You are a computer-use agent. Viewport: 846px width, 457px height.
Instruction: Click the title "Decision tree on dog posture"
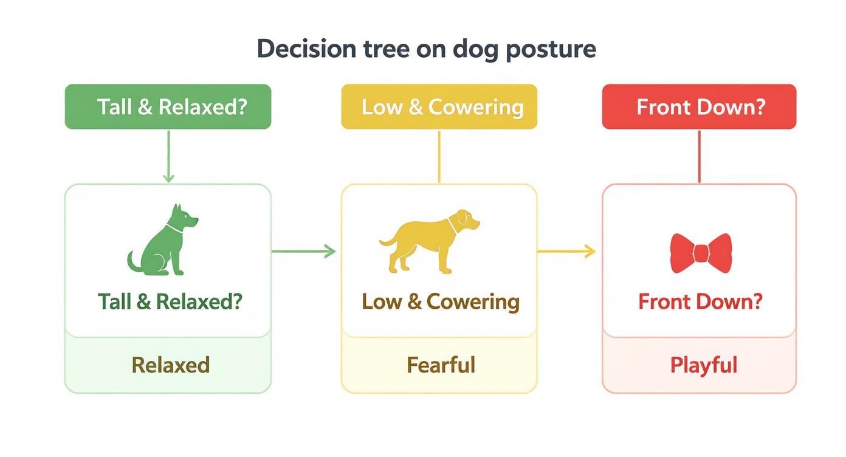[x=426, y=49]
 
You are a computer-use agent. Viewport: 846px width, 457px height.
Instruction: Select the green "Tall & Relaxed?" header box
[x=168, y=107]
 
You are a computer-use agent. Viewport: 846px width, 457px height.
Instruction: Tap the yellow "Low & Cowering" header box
[x=439, y=107]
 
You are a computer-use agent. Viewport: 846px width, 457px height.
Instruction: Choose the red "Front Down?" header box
[x=699, y=107]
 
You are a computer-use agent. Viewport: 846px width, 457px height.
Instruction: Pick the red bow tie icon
[x=700, y=253]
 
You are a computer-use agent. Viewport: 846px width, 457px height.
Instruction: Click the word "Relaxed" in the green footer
[x=171, y=365]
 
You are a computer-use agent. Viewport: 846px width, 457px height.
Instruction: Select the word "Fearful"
[x=441, y=365]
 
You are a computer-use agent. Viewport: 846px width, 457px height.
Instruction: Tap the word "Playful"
[x=703, y=365]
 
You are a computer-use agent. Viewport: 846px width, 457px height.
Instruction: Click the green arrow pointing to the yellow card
[x=303, y=251]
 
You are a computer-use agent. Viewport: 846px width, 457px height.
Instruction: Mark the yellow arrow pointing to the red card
[x=566, y=251]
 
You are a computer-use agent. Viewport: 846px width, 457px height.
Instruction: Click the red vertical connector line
[x=699, y=156]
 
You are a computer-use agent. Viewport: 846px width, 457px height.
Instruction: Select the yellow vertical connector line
[x=439, y=156]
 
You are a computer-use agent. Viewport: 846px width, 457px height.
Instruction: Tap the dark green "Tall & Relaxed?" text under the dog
[x=170, y=301]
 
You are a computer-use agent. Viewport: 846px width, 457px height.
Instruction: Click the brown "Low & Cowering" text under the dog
[x=441, y=301]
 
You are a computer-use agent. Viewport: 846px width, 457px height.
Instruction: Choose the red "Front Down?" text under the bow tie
[x=700, y=301]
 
